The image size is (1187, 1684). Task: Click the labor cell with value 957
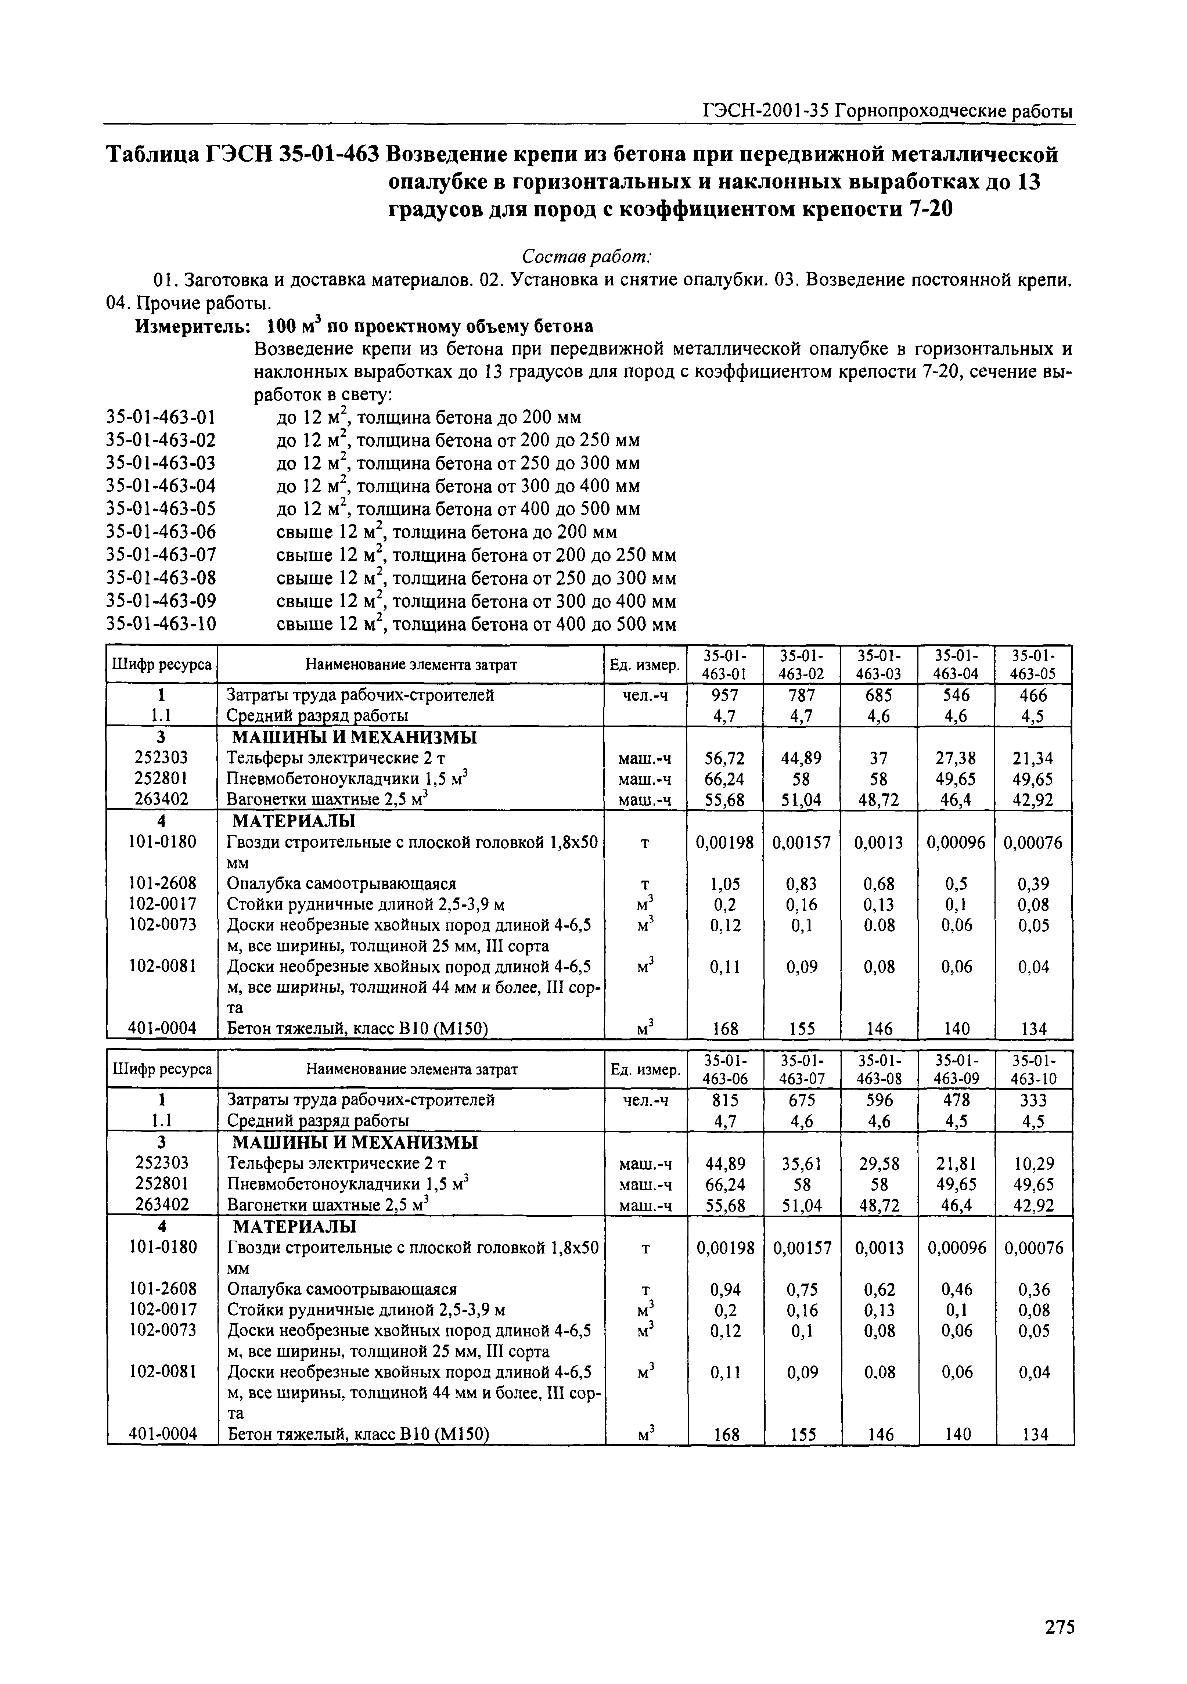click(x=725, y=695)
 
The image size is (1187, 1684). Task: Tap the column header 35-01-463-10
click(x=1035, y=1069)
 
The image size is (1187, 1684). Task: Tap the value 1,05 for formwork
click(x=725, y=884)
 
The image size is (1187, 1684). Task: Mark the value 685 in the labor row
click(x=878, y=695)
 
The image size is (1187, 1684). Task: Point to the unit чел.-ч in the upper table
click(x=645, y=695)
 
